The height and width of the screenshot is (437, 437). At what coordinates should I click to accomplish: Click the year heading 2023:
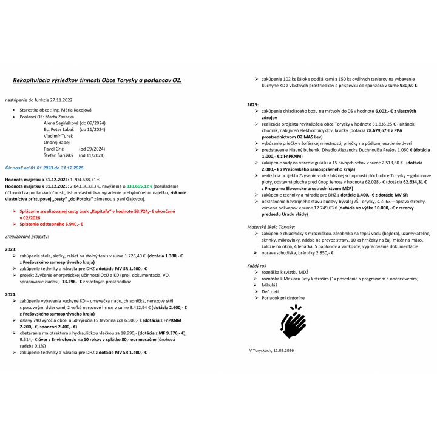coord(10,249)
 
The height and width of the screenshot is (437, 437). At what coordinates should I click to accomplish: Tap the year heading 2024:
coord(10,293)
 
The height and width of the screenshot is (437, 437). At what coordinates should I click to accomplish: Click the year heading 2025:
coord(252,104)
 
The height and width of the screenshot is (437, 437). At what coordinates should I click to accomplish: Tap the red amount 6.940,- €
coord(69,224)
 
